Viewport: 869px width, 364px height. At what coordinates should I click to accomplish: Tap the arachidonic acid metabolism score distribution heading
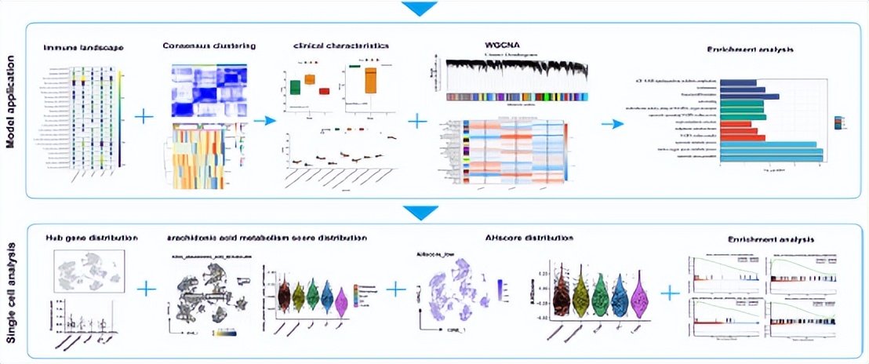266,237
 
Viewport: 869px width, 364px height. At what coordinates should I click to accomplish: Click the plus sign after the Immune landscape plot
144,117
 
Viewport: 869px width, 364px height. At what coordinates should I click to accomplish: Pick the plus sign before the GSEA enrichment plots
669,293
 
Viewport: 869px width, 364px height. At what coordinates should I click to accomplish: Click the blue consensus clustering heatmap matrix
208,91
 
